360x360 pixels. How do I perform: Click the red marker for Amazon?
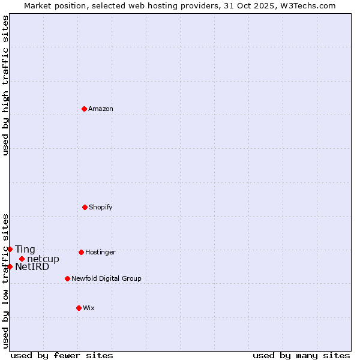click(85, 109)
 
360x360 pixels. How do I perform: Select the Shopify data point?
click(85, 207)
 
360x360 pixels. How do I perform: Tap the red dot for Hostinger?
click(81, 252)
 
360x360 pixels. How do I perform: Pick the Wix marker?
click(79, 308)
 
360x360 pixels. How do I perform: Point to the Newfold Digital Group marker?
click(67, 278)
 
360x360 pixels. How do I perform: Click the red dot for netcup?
click(22, 259)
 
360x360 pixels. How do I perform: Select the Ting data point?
click(10, 249)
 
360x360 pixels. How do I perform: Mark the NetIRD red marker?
click(10, 266)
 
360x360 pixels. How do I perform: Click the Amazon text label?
click(101, 109)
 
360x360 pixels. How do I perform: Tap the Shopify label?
click(101, 207)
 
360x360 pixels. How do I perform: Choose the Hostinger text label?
click(100, 252)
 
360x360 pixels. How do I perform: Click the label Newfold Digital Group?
click(106, 278)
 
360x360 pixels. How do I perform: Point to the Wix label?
click(89, 308)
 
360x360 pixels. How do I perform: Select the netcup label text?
click(43, 259)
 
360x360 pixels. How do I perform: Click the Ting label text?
click(25, 249)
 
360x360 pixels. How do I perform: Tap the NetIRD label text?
click(32, 266)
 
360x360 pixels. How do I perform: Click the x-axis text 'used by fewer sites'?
click(62, 355)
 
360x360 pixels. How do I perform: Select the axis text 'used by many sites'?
click(301, 355)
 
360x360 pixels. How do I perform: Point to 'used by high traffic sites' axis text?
click(5, 85)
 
